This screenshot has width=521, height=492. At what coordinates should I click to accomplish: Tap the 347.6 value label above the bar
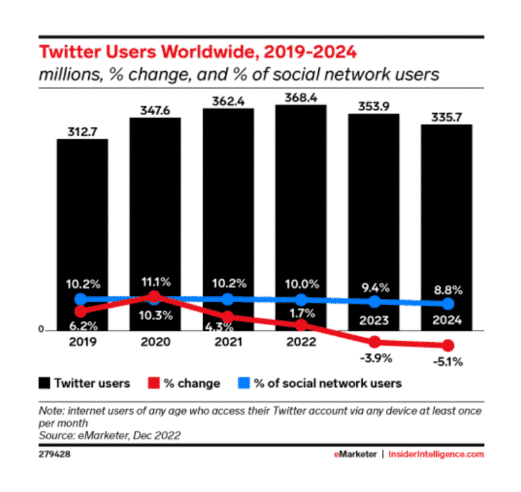pyautogui.click(x=155, y=108)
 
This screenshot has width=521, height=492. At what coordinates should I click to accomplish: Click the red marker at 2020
pyautogui.click(x=155, y=297)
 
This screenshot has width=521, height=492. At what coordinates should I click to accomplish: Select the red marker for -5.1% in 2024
pyautogui.click(x=447, y=345)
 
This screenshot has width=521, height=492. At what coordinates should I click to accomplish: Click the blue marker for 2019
pyautogui.click(x=81, y=299)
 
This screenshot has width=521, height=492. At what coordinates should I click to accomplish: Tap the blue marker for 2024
pyautogui.click(x=447, y=304)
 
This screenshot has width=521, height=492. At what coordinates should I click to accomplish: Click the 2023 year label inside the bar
pyautogui.click(x=374, y=320)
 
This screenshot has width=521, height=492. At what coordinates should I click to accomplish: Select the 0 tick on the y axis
pyautogui.click(x=41, y=330)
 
